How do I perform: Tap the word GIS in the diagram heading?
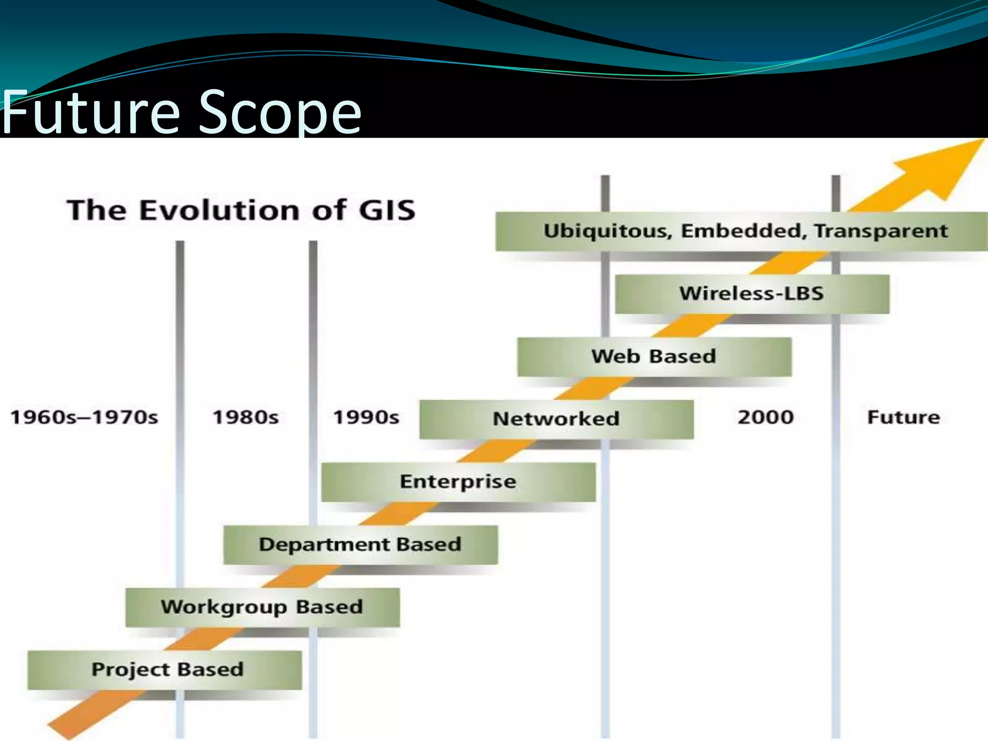click(x=387, y=210)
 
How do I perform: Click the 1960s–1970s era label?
click(x=84, y=417)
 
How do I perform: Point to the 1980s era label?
click(x=246, y=417)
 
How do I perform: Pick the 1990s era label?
click(x=366, y=417)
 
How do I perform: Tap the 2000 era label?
click(x=766, y=417)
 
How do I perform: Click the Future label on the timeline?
click(x=904, y=417)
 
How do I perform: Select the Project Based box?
click(x=165, y=670)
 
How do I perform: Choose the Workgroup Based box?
click(x=262, y=607)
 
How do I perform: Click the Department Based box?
click(x=360, y=545)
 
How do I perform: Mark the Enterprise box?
click(x=458, y=481)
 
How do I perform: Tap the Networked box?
click(x=556, y=419)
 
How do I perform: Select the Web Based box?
click(x=654, y=357)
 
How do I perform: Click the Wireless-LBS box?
click(x=752, y=293)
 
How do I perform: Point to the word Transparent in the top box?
click(x=881, y=231)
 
